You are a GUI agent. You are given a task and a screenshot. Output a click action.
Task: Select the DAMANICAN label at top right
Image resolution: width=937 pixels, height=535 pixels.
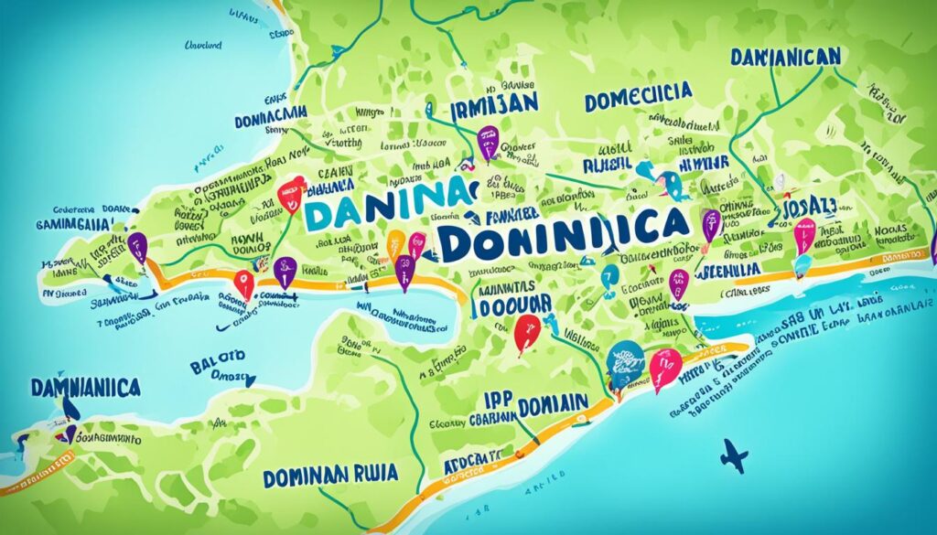(x=785, y=57)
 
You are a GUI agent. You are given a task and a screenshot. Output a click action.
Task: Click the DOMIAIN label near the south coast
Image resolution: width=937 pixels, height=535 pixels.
(x=554, y=404)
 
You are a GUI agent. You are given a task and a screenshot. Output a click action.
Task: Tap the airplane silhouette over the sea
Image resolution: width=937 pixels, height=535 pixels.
(x=736, y=455)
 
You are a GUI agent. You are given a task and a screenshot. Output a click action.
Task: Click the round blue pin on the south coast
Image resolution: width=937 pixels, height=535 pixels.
(x=627, y=357)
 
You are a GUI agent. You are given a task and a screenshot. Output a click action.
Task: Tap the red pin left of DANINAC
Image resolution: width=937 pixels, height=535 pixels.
(x=290, y=193)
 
